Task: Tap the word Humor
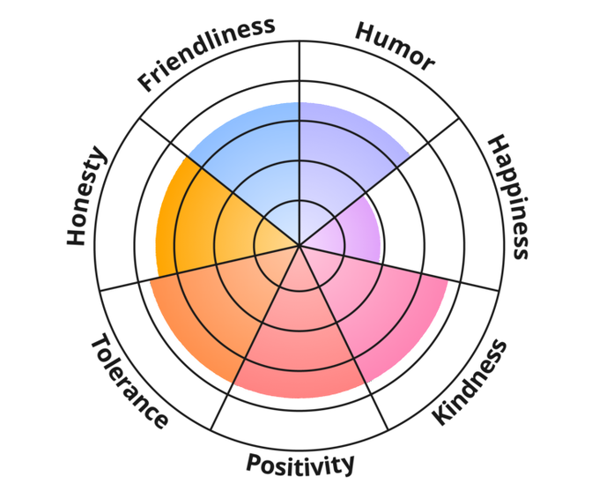tap(395, 46)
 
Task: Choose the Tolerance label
tap(129, 380)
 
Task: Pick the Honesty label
tap(86, 197)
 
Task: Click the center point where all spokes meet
tap(299, 245)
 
